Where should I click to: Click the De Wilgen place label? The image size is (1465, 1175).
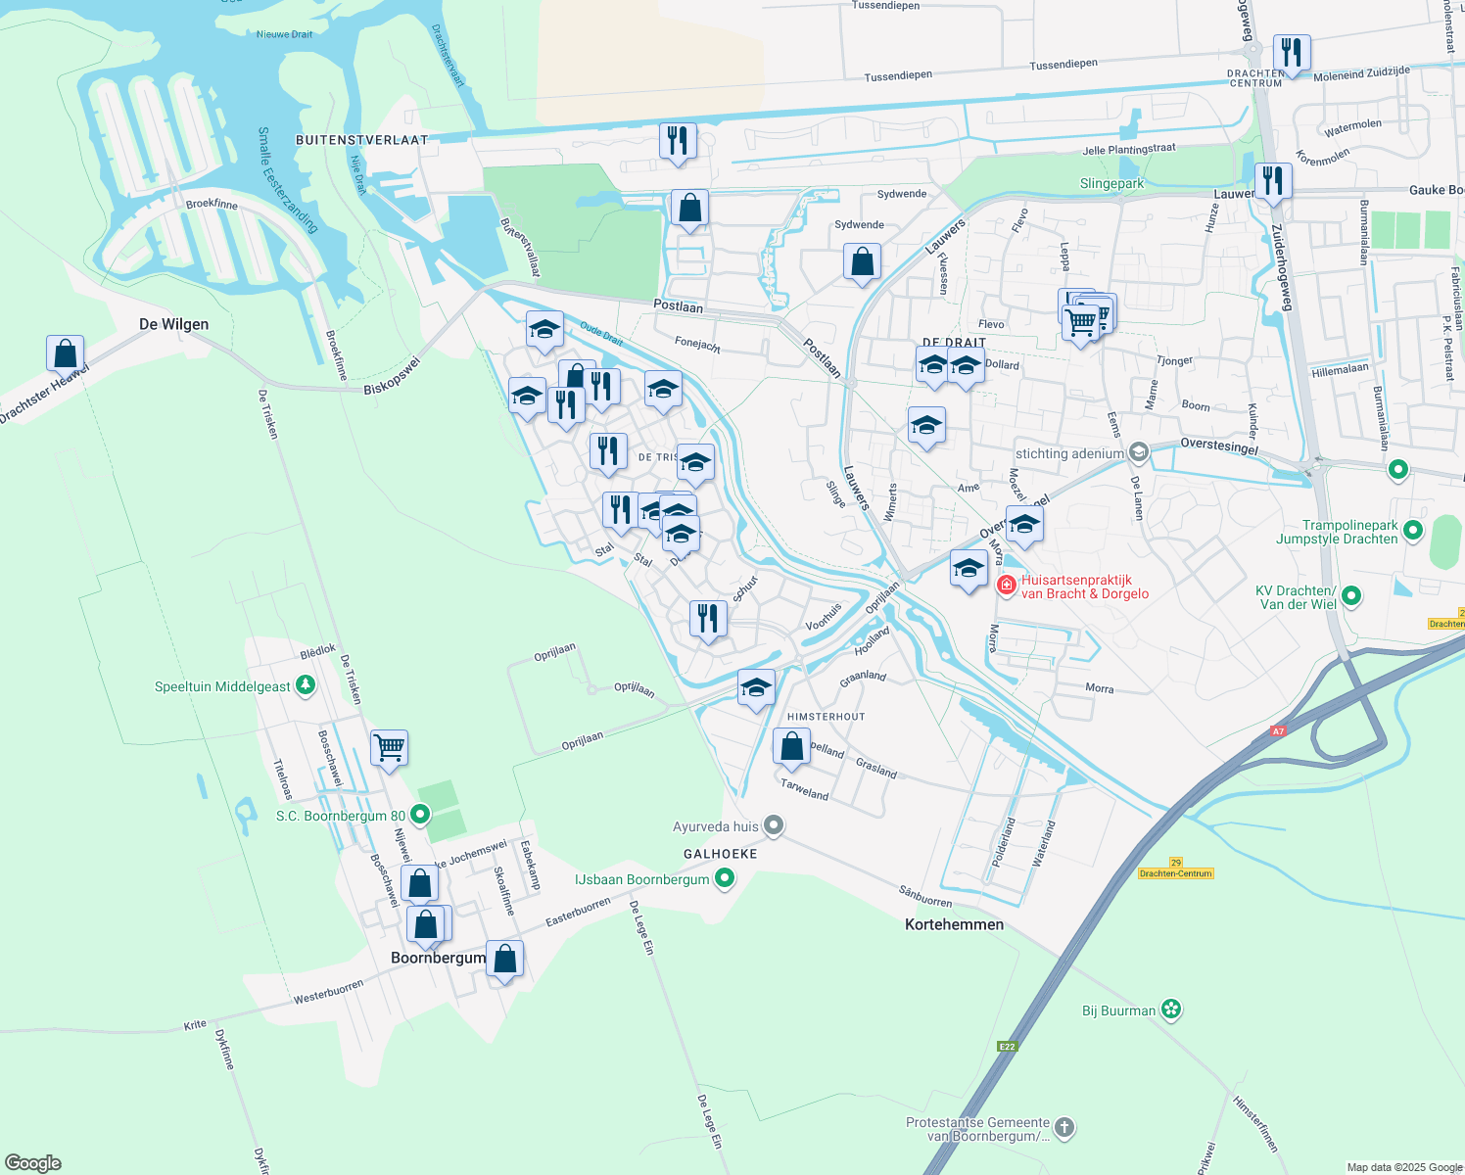click(x=173, y=324)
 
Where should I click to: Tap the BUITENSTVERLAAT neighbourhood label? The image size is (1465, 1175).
click(x=361, y=140)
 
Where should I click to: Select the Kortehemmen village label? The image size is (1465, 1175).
click(x=954, y=924)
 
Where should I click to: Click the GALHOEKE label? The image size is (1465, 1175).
click(x=720, y=854)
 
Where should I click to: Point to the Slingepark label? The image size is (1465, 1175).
click(x=1111, y=184)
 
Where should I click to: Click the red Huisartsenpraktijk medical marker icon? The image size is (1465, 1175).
click(x=1006, y=586)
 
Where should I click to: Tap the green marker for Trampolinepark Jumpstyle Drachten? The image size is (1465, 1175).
click(x=1412, y=531)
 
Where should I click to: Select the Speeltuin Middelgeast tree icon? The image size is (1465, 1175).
click(x=306, y=685)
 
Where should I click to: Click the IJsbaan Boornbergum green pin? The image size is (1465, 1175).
click(x=725, y=878)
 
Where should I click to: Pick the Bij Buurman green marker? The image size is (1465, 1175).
click(x=1171, y=1010)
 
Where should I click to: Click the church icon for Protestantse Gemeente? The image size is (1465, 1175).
click(x=1064, y=1128)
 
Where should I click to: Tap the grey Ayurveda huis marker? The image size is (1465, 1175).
click(x=774, y=825)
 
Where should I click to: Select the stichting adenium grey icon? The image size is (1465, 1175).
click(x=1138, y=452)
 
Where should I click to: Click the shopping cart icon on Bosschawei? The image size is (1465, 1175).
click(x=389, y=749)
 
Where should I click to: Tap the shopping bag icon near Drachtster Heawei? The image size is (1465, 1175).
click(x=65, y=353)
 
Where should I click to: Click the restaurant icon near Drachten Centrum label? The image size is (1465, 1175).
click(x=1292, y=53)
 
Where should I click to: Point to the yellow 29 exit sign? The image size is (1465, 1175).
click(x=1175, y=863)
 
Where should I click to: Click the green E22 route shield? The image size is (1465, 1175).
click(x=1008, y=1047)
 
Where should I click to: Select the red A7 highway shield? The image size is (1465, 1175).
click(x=1277, y=730)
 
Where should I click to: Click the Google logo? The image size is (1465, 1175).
click(x=33, y=1163)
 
